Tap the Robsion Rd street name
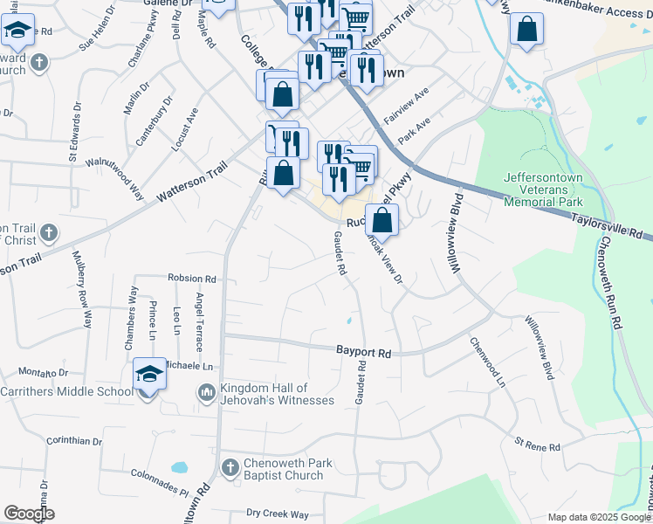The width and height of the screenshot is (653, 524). coord(192,279)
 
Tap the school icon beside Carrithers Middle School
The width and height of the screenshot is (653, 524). coord(149,376)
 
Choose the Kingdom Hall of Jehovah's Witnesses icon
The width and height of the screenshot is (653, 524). coord(207,394)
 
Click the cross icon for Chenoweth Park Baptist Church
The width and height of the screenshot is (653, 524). coord(230,469)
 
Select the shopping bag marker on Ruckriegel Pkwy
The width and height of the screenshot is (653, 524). coord(381,221)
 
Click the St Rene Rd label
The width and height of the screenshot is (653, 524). coord(537,446)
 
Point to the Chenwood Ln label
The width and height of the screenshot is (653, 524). coord(488,362)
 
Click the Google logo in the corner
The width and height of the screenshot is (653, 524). coord(29,514)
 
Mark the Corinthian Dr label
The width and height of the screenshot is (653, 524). coord(74,441)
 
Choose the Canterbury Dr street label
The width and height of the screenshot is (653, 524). coord(155,127)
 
